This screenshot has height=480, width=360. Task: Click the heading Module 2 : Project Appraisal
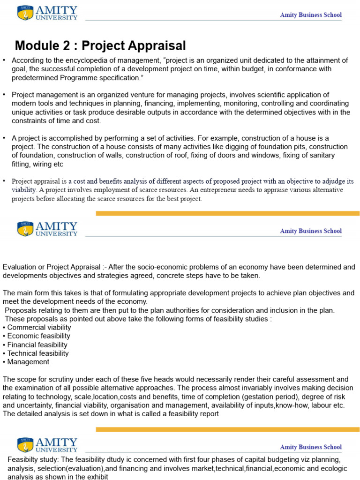click(100, 45)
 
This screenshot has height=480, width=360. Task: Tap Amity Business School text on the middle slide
click(311, 231)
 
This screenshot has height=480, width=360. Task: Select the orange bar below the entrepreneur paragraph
click(227, 213)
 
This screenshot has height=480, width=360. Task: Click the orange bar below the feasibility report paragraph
click(227, 429)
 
